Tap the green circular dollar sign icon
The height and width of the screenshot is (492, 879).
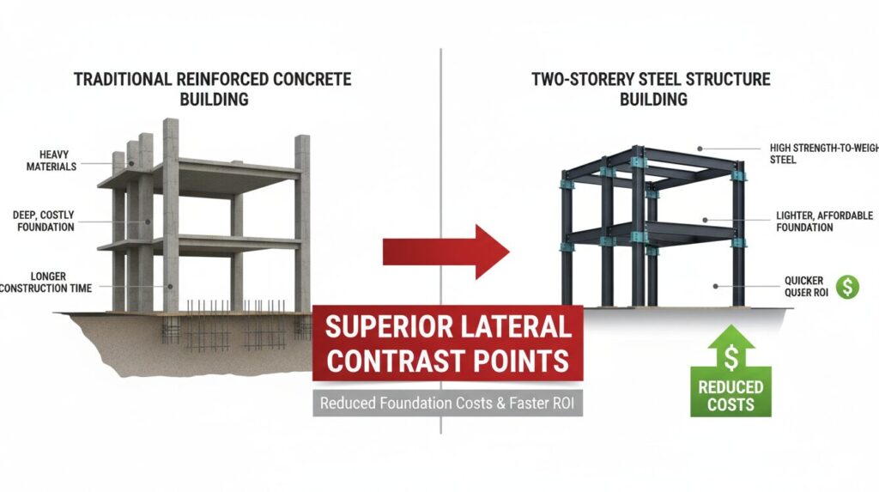coord(847,288)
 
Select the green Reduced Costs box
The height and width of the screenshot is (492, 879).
coord(730,394)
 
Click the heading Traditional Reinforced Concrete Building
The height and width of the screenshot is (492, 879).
coord(212,89)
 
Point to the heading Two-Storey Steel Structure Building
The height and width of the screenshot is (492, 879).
coord(651,89)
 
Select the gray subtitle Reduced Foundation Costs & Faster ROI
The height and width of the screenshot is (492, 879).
coord(447,402)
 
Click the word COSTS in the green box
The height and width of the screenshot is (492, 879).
coord(730,404)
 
